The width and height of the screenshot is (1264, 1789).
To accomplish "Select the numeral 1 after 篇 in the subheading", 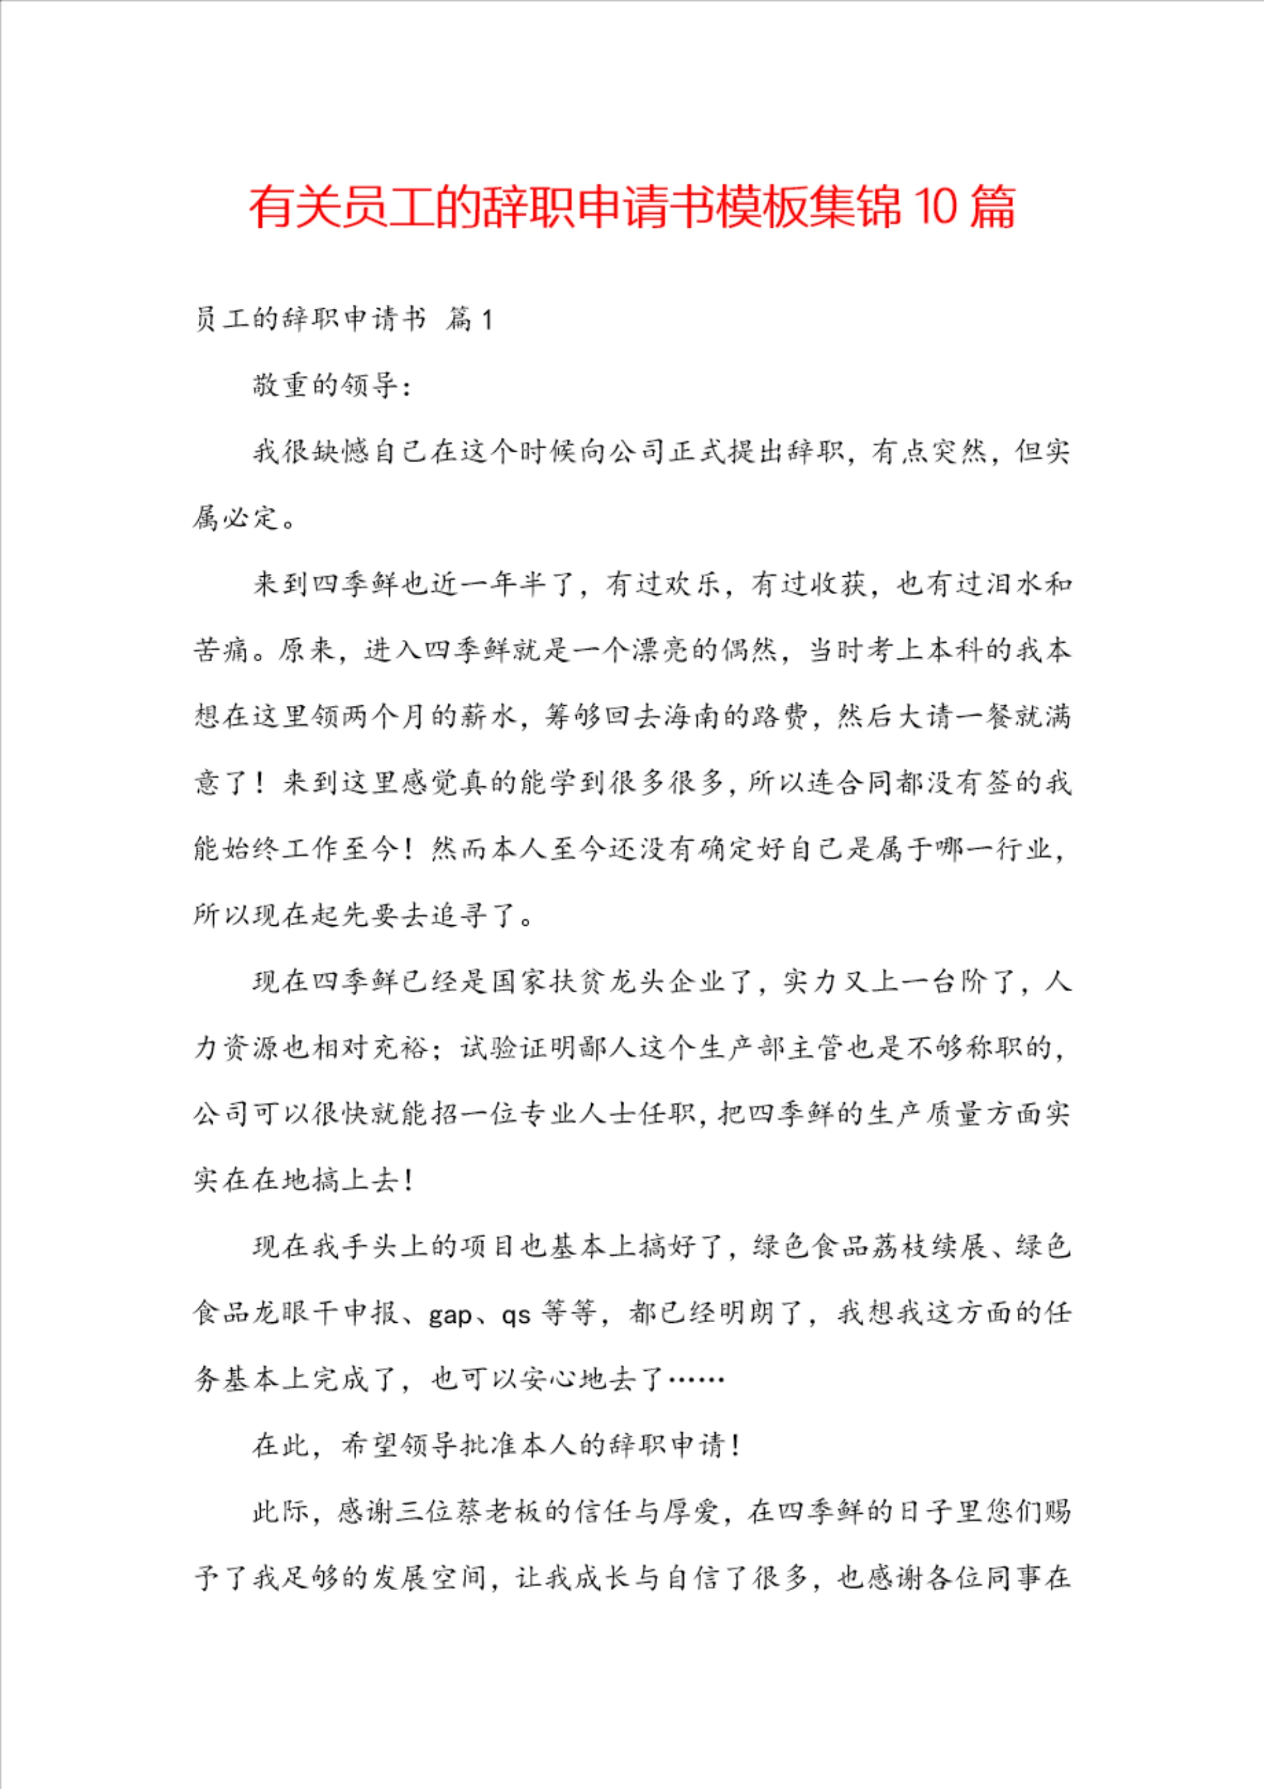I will point(487,319).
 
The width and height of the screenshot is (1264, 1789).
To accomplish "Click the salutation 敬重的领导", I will point(325,386).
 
